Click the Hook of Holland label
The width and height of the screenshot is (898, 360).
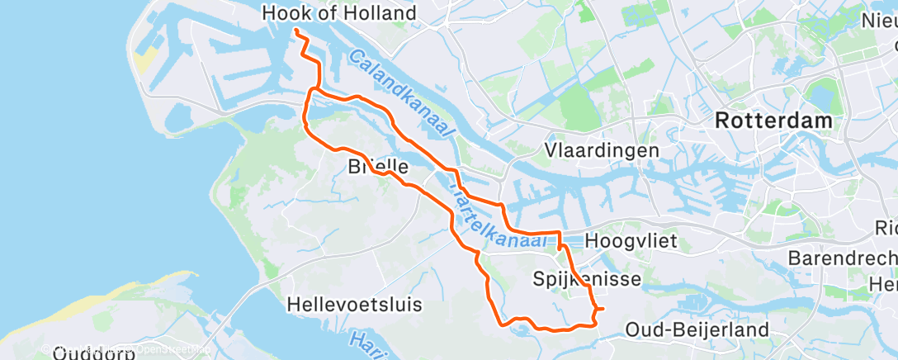click(338, 13)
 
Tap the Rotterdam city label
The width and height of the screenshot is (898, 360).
click(773, 121)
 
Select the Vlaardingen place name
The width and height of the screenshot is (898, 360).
click(602, 150)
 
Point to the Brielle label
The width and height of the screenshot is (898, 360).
click(379, 167)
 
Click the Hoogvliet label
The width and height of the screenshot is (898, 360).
click(631, 241)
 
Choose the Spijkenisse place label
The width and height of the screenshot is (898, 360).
click(587, 279)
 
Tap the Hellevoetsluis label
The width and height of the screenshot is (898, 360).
click(354, 304)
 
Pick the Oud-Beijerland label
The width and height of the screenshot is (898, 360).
click(697, 330)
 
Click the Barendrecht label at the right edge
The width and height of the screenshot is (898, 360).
click(842, 258)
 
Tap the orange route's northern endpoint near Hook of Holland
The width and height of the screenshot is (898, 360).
click(295, 31)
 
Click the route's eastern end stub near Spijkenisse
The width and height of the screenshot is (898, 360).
click(602, 309)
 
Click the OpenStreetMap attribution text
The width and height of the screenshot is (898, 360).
click(165, 350)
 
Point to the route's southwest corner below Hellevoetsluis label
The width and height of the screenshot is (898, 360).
click(500, 324)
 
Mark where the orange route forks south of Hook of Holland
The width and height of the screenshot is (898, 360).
click(312, 89)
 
